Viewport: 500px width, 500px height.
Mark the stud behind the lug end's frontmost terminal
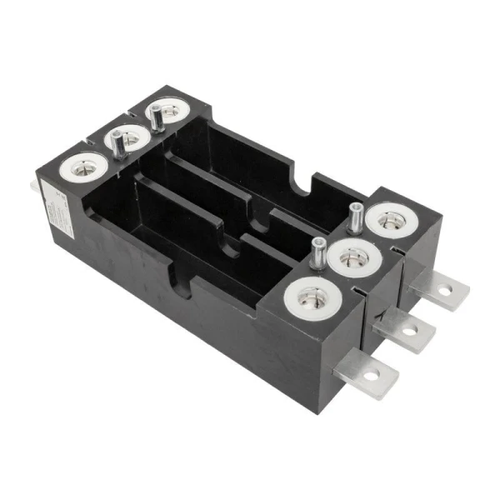click(317, 252)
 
